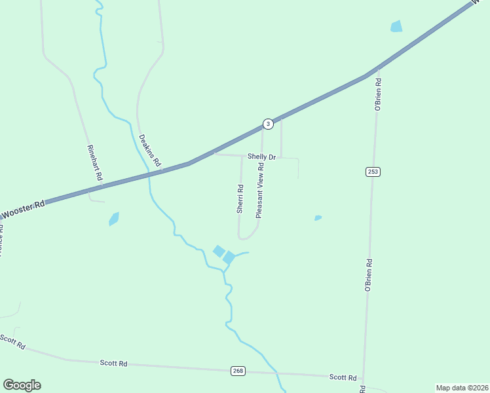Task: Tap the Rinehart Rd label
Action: click(93, 163)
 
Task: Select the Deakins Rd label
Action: click(150, 150)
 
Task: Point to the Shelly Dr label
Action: click(261, 157)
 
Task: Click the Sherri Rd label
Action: click(240, 199)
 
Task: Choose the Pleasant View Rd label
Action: click(260, 191)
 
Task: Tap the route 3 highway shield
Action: click(267, 124)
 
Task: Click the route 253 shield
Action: click(373, 172)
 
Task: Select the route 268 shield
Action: click(238, 371)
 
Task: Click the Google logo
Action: click(22, 385)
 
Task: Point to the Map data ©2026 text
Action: click(462, 388)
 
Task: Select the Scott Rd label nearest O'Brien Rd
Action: click(343, 377)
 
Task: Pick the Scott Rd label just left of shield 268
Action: click(113, 362)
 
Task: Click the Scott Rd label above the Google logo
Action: click(12, 341)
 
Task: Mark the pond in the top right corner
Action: click(396, 26)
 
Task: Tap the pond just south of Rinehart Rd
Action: click(114, 219)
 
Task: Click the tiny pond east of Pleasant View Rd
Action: click(318, 217)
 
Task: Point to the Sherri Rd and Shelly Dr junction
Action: click(242, 156)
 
